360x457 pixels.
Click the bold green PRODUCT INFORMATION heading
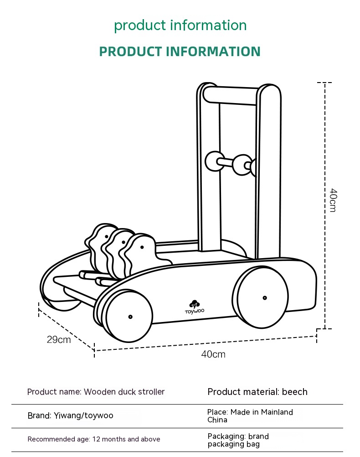click(x=180, y=52)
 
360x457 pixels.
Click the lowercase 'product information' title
click(x=180, y=26)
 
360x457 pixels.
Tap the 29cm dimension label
click(x=59, y=340)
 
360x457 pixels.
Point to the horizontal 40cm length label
click(x=213, y=354)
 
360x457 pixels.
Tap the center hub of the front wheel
click(x=130, y=317)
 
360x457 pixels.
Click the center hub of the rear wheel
click(x=264, y=298)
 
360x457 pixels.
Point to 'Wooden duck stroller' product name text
click(x=124, y=392)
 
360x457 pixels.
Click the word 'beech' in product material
click(x=294, y=392)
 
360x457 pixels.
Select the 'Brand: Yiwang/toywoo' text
click(x=70, y=415)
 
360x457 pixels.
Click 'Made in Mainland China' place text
click(x=250, y=416)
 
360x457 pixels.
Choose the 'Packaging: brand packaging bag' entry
click(x=238, y=440)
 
